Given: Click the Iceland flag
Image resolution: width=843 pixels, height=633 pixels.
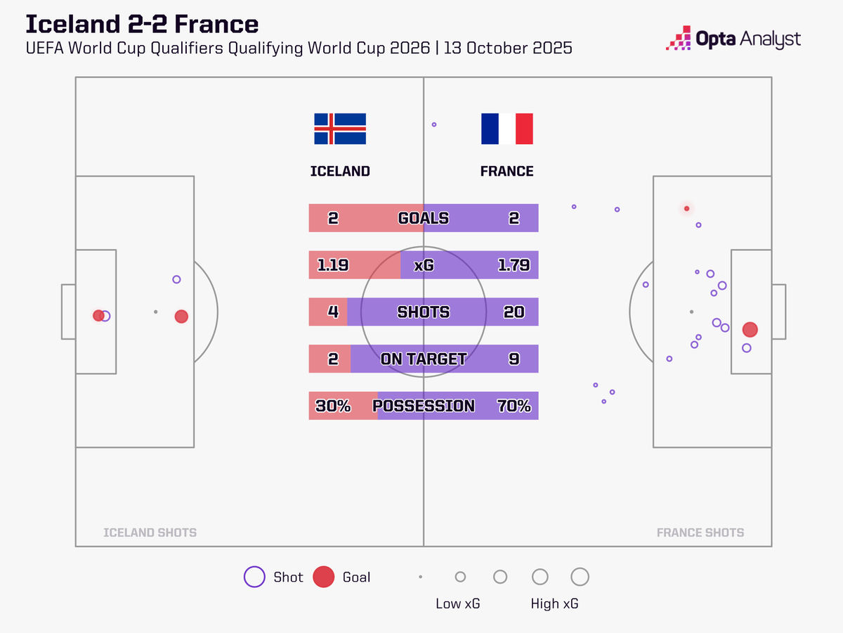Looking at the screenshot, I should (x=339, y=129).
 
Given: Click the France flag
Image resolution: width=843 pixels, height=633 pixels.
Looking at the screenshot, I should (x=507, y=129).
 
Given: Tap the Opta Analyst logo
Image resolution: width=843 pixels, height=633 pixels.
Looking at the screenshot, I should (x=733, y=39).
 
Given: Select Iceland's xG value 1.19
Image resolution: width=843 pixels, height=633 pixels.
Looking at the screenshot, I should (x=333, y=265).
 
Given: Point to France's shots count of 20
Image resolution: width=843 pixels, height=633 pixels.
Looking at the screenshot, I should (x=514, y=312).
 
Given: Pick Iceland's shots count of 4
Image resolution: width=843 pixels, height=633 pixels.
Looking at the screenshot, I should (x=333, y=312).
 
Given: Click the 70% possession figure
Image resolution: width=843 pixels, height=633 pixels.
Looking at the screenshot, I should (x=514, y=406).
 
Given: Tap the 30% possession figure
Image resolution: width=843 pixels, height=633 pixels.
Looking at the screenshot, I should (x=333, y=406).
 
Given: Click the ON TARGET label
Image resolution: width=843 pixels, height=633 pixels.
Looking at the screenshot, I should (x=423, y=359).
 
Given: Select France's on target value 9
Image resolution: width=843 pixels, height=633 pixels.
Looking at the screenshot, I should (x=514, y=359).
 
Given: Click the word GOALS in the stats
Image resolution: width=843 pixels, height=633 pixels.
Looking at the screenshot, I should (x=423, y=218).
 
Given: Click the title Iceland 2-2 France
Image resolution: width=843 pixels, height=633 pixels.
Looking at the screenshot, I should (x=142, y=24).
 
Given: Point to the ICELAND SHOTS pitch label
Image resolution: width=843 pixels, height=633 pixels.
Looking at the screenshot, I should (x=150, y=532).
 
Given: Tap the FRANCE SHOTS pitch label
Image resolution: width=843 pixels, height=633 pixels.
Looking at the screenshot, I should (x=700, y=532).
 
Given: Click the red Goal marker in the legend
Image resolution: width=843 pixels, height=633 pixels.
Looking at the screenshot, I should (x=323, y=577).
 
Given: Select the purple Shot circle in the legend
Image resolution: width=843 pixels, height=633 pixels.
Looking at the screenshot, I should (x=254, y=577).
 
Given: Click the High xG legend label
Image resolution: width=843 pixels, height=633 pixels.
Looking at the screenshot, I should (x=555, y=603).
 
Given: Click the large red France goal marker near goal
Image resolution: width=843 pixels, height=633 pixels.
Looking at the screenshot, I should (x=750, y=329).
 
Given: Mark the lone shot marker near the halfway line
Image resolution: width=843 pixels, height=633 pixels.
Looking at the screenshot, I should (x=434, y=124).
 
